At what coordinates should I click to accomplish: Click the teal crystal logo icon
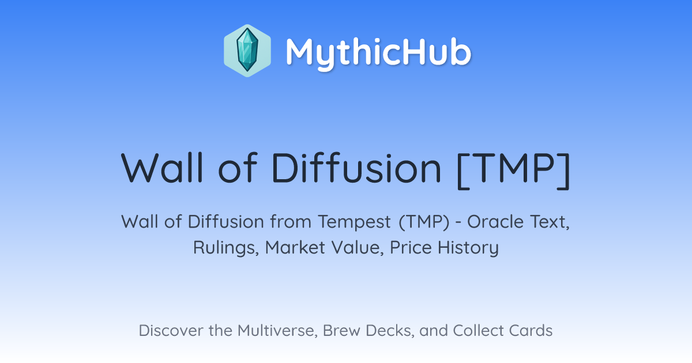tap(247, 51)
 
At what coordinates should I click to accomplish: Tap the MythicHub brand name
tap(378, 52)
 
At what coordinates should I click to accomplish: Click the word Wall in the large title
tap(162, 168)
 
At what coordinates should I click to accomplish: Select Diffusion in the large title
tap(356, 168)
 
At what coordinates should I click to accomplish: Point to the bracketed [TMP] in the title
tap(513, 171)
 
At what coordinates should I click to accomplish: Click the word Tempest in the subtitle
tap(354, 222)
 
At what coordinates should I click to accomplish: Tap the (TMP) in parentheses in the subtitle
tap(424, 222)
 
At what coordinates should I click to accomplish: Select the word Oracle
tap(495, 222)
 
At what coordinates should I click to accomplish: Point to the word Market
tap(295, 248)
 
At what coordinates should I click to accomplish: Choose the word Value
tap(358, 248)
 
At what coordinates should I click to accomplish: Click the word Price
tap(411, 248)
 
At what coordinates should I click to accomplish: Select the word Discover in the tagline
tap(171, 331)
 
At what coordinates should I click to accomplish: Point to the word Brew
tap(341, 331)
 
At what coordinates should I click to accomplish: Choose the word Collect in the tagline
tap(478, 331)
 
